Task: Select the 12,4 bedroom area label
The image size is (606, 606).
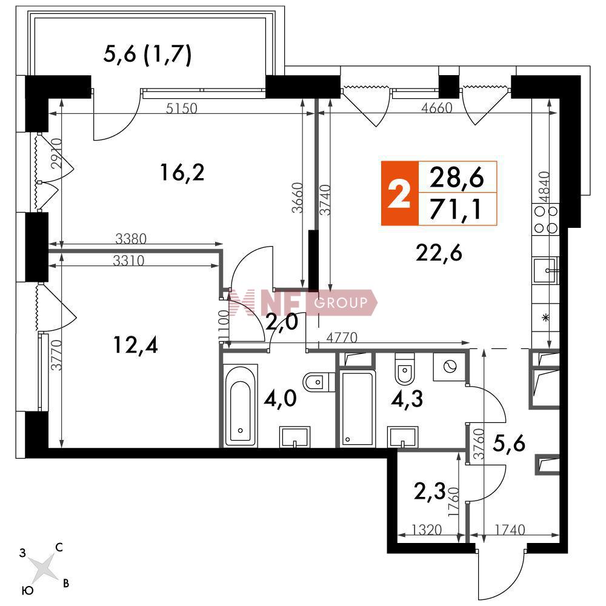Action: coord(136,345)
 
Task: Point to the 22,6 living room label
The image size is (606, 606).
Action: coord(439,253)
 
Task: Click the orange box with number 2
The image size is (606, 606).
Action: coord(399,193)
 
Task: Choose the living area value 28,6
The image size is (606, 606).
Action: coord(457,178)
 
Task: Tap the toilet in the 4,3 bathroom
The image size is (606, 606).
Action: coord(405,368)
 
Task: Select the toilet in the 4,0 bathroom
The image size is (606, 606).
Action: coord(319,382)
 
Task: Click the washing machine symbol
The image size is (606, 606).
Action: coord(450,367)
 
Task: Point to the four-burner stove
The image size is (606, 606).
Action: coord(546,219)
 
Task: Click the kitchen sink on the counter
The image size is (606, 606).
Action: coord(546,270)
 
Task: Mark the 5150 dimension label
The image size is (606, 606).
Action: coord(182,108)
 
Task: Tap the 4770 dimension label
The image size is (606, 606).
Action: coord(342,338)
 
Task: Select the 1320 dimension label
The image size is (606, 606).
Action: coord(426,529)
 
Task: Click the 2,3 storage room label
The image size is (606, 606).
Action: coord(430,492)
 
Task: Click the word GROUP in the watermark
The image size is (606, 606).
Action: coord(341,302)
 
